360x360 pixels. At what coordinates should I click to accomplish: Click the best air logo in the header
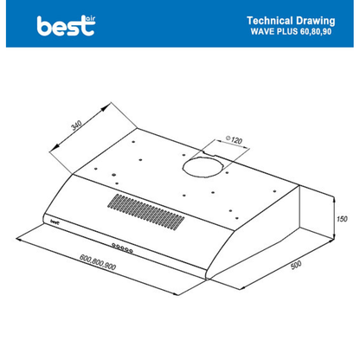click(x=66, y=26)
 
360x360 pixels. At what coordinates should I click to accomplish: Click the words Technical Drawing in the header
click(x=291, y=21)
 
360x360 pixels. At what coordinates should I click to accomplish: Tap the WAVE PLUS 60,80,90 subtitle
click(x=291, y=31)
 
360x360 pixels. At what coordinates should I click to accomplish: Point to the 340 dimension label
click(x=77, y=125)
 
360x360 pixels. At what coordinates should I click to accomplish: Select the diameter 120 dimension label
click(x=234, y=140)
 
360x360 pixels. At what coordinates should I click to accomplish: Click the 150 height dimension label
click(x=342, y=219)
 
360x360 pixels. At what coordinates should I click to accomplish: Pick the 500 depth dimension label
click(x=296, y=265)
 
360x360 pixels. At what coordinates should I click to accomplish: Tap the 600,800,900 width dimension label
click(x=98, y=262)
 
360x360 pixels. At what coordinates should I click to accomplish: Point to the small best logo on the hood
click(x=55, y=222)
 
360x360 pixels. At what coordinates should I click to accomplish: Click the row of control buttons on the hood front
click(x=122, y=248)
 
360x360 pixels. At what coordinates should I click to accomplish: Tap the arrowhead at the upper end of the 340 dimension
click(x=106, y=107)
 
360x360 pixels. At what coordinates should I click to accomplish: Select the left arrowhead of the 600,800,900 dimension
click(x=20, y=239)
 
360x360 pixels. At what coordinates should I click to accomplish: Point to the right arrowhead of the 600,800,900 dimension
click(x=175, y=293)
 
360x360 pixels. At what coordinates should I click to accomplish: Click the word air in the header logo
click(x=90, y=19)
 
